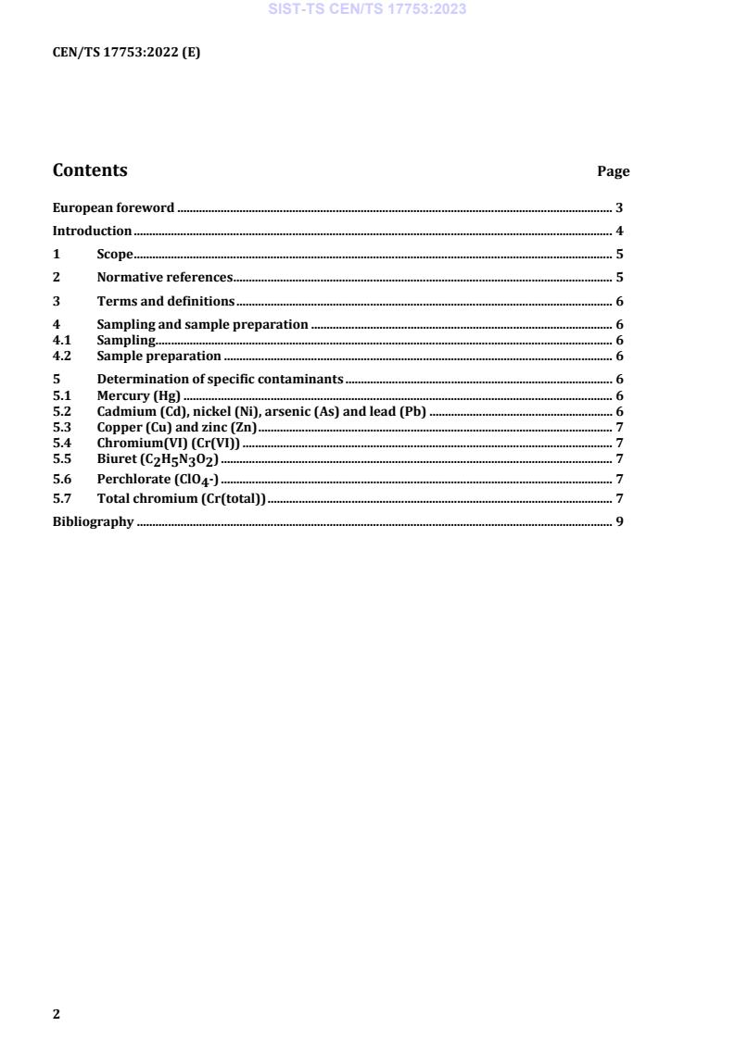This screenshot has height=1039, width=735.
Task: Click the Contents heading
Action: click(90, 170)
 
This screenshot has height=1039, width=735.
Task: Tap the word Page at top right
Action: click(613, 171)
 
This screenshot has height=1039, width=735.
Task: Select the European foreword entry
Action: click(113, 208)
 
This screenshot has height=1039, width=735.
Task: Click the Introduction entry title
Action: click(92, 232)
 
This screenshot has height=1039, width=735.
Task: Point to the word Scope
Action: click(115, 255)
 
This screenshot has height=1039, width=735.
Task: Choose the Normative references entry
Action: click(164, 278)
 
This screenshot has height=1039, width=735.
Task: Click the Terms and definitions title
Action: click(165, 302)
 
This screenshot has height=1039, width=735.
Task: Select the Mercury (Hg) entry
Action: click(138, 396)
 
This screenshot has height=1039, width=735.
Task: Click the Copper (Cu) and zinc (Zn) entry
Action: click(176, 427)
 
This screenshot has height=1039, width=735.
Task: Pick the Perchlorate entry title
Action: click(158, 480)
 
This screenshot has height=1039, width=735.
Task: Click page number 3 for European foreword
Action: click(619, 208)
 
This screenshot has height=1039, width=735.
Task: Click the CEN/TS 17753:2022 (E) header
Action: click(126, 53)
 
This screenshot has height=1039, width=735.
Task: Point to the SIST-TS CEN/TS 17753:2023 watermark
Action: click(367, 9)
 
